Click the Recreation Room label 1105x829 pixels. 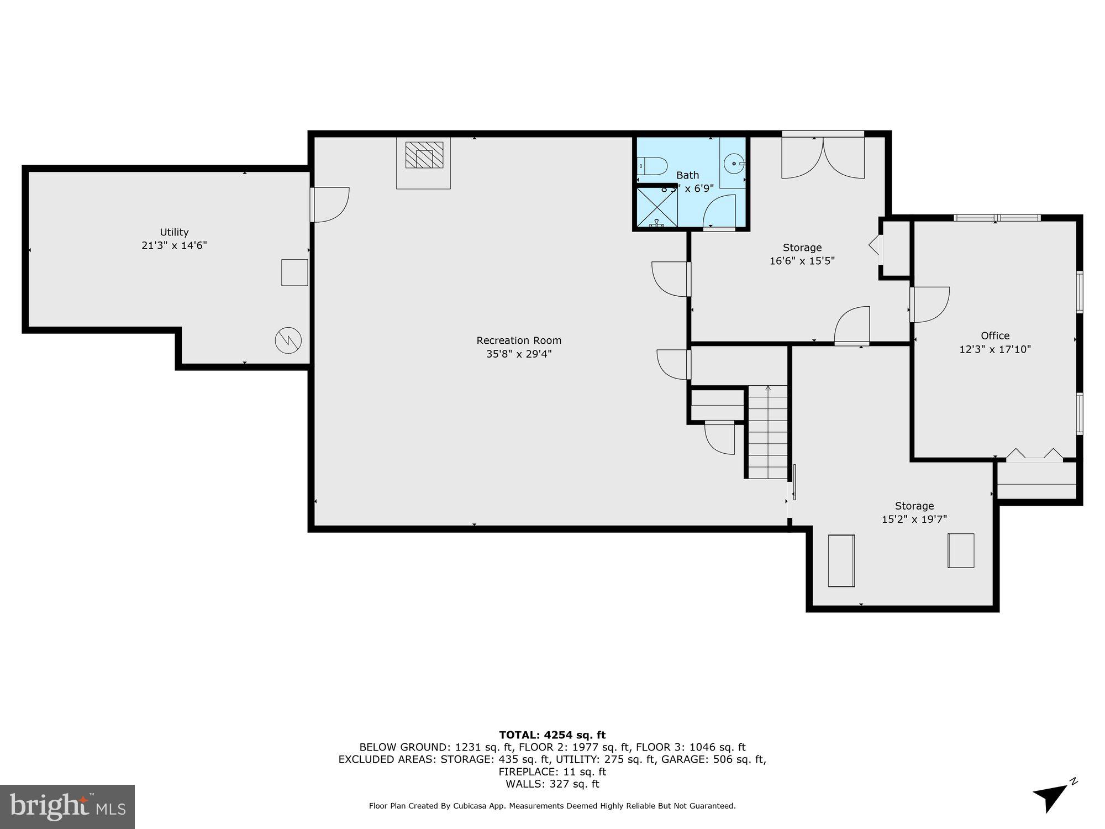click(x=519, y=340)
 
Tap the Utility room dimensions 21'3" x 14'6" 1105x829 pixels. click(x=174, y=245)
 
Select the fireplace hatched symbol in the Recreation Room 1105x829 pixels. click(x=424, y=155)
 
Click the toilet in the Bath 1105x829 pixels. click(x=653, y=165)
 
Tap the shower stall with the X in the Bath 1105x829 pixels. click(x=657, y=207)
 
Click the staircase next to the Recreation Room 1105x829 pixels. click(x=767, y=432)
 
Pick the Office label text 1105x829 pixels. click(x=995, y=335)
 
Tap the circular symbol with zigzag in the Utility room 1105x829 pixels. click(x=288, y=340)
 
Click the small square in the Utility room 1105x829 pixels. click(x=294, y=272)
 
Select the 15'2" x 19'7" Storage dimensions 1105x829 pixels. click(x=914, y=520)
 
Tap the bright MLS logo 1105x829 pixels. click(x=67, y=807)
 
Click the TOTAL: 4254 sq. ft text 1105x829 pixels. click(x=552, y=735)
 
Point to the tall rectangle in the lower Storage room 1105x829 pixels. click(x=841, y=560)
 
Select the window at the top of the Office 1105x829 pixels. click(x=997, y=218)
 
